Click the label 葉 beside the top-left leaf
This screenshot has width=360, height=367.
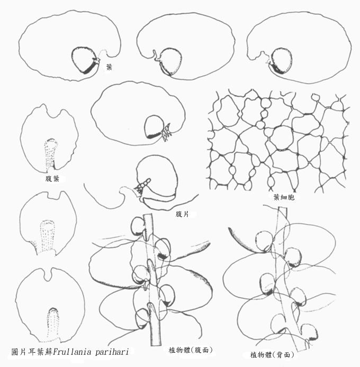pyautogui.click(x=109, y=67)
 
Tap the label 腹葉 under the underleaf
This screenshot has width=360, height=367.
pyautogui.click(x=52, y=179)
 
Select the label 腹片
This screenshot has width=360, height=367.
pyautogui.click(x=182, y=214)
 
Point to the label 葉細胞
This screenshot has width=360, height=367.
pyautogui.click(x=284, y=197)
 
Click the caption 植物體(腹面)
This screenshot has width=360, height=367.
pyautogui.click(x=191, y=350)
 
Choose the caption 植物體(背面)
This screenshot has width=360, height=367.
pyautogui.click(x=272, y=355)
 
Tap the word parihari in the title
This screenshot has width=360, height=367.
pyautogui.click(x=112, y=352)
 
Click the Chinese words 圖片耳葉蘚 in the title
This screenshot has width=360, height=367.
pyautogui.click(x=32, y=352)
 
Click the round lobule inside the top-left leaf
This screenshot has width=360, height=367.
pyautogui.click(x=84, y=60)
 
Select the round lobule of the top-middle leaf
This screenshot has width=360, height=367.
pyautogui.click(x=170, y=61)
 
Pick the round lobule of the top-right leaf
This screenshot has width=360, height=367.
pyautogui.click(x=281, y=61)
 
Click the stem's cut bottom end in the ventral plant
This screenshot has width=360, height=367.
pyautogui.click(x=156, y=345)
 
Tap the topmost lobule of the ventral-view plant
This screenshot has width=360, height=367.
pyautogui.click(x=138, y=226)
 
